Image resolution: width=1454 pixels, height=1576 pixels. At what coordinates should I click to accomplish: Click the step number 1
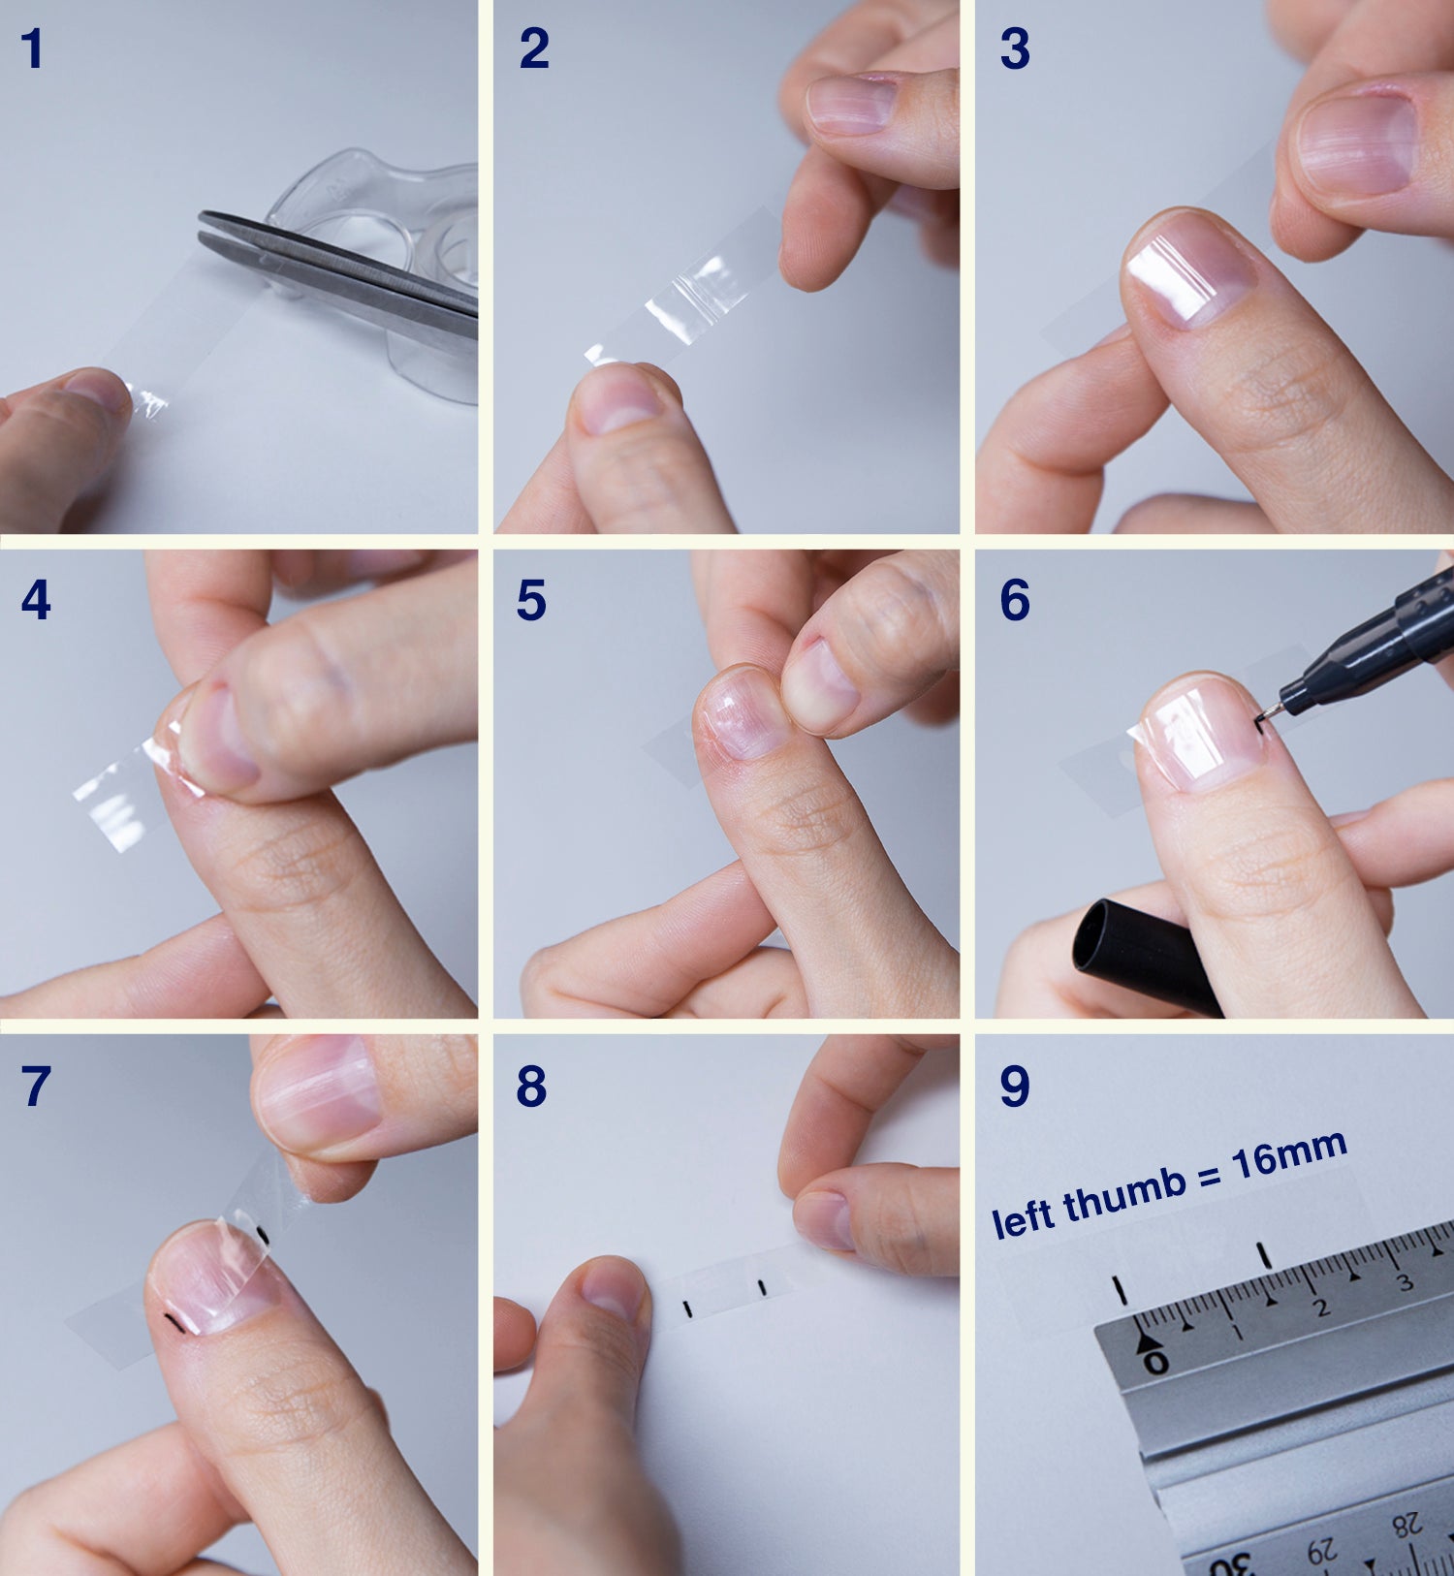pos(32,48)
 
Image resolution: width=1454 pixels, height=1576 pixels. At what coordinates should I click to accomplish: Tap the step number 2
pos(534,48)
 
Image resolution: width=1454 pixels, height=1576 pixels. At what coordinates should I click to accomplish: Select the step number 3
pos(1015,48)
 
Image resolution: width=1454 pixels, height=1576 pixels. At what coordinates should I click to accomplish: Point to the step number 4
pos(36,600)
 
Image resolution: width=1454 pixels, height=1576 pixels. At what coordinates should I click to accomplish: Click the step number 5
pos(531,600)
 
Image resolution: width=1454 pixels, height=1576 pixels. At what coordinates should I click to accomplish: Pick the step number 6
pos(1015,600)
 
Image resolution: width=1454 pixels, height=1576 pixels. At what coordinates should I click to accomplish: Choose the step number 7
pos(36,1086)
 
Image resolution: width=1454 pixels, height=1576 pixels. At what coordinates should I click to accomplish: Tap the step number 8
pos(531,1086)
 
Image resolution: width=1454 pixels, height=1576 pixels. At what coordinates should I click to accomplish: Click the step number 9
pos(1015,1086)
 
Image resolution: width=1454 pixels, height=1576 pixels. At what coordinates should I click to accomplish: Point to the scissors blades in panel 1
pos(339,268)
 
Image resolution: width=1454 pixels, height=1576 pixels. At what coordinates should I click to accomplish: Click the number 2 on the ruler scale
pos(1319,1306)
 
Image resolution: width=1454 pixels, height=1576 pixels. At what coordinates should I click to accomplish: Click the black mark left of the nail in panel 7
pos(174,1323)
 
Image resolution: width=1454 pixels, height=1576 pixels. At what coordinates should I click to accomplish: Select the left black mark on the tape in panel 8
pos(687,1309)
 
